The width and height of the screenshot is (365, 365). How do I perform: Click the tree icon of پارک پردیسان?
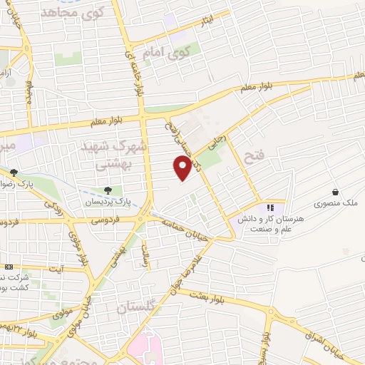[108, 190]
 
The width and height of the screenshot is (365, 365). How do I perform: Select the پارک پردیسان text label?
[107, 202]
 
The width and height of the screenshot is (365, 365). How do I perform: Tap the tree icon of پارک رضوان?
[14, 172]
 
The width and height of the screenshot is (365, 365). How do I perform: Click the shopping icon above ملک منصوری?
[334, 191]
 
